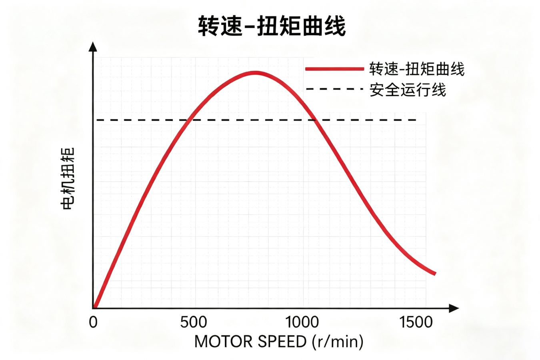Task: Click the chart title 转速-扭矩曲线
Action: coord(272,26)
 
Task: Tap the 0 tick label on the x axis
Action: coord(93,322)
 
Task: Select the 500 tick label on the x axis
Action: coord(194,322)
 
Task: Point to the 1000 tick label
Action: coord(302,322)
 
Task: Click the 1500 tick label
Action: coord(416,322)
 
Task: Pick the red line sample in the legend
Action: coord(334,69)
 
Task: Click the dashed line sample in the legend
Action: coord(334,89)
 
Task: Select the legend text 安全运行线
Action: coord(407,90)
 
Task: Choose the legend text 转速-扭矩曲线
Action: coord(416,69)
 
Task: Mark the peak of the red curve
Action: coord(255,73)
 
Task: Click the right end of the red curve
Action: coord(435,274)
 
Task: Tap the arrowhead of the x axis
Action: coord(454,308)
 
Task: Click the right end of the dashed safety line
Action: coord(416,120)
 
